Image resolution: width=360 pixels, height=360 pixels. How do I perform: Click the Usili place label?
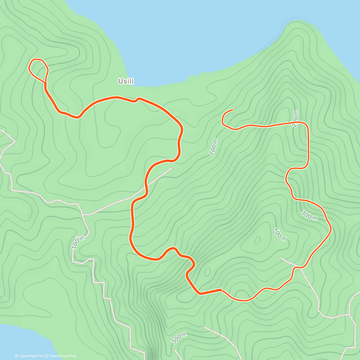pos(126,81)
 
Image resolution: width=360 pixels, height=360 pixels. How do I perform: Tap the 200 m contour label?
pos(295,119)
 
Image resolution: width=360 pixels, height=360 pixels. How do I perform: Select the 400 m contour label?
pos(280,234)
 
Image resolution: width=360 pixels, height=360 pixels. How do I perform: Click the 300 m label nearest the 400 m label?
pos(309,215)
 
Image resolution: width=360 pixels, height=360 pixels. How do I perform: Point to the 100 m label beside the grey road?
pos(78,242)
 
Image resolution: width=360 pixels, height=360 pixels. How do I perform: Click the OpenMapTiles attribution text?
pos(29,356)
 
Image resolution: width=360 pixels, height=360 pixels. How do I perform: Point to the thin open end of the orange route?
pos(232,110)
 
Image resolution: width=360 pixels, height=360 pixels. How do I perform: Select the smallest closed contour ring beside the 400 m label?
pos(257,240)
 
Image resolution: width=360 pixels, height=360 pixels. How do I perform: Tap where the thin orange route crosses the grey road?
pos(297,266)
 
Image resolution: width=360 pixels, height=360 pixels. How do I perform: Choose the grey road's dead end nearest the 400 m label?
pos(281,258)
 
